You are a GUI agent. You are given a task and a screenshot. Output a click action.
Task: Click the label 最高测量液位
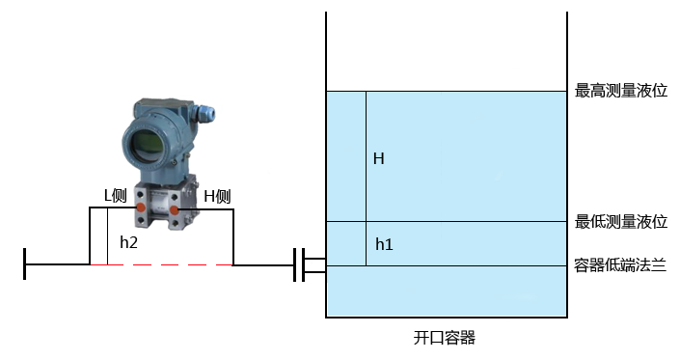coord(621,91)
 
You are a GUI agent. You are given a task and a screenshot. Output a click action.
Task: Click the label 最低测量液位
coord(621,222)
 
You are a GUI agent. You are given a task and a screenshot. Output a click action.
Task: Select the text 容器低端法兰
coord(621,265)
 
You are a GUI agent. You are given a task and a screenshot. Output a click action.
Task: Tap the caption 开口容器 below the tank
coord(445,338)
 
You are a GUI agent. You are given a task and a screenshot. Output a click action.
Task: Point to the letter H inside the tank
coord(379,158)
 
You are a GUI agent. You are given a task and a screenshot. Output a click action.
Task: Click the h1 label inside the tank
coord(383,244)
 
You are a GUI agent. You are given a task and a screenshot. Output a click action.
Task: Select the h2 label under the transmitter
coord(128,243)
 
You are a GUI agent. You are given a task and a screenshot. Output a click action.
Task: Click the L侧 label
coord(116,195)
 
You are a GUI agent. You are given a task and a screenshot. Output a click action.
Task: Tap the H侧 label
coord(217,197)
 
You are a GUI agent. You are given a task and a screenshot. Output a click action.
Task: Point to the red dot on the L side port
coord(140,208)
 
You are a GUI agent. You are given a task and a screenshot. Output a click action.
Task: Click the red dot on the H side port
coord(176,209)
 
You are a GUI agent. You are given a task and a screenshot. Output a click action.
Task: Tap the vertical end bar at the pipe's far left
coord(25,264)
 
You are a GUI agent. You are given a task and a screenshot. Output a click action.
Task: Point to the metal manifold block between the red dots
coord(158,209)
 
